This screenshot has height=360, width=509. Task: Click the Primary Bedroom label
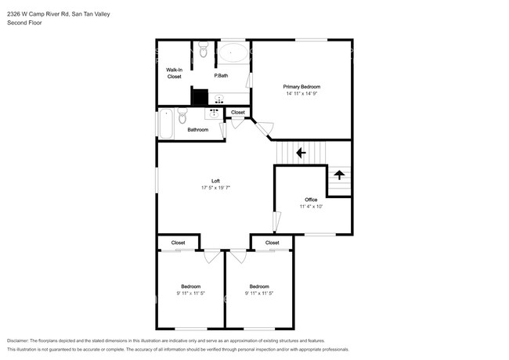coord(301,87)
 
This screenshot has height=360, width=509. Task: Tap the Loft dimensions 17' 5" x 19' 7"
coord(215,188)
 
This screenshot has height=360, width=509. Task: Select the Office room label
coord(311,200)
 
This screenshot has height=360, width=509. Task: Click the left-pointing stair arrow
coord(301,153)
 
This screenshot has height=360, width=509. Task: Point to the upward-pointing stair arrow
coord(339,175)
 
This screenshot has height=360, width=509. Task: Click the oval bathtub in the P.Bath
coord(233,53)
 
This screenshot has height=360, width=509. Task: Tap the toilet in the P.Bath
coord(204,49)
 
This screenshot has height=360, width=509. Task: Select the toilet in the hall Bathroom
coord(182,116)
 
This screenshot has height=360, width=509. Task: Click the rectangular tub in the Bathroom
coord(166,124)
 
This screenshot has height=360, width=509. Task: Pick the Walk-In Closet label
coord(175,74)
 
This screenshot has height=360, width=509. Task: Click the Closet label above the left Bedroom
coord(178,243)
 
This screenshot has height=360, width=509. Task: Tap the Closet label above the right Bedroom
coord(272,243)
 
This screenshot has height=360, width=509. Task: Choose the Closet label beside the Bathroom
coord(238,112)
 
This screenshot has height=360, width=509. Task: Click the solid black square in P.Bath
coord(200,97)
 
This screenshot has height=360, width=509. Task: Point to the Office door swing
coord(277,221)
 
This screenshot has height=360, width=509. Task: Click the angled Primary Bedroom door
coord(264,128)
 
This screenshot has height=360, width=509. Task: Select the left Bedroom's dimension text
coord(191,293)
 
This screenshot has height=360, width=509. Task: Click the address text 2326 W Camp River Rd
coord(38,14)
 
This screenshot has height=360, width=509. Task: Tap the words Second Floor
coord(24,23)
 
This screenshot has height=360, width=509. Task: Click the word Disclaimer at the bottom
coord(18,341)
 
